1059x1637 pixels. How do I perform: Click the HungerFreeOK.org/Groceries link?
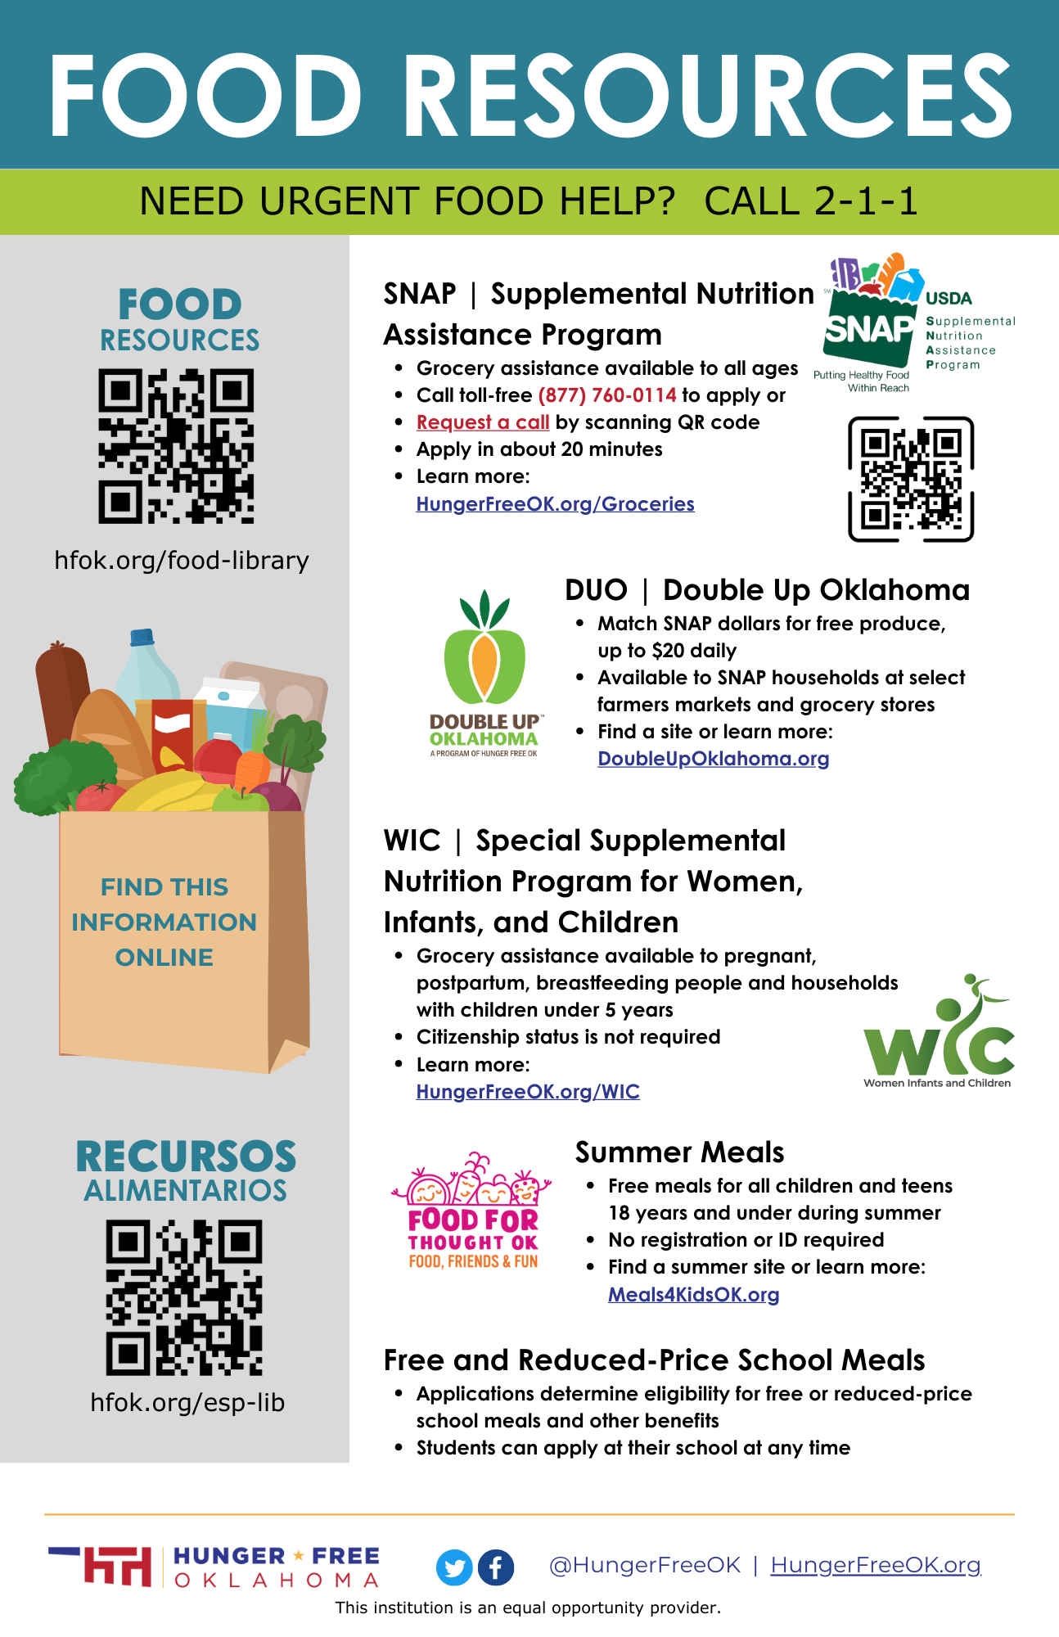(x=555, y=504)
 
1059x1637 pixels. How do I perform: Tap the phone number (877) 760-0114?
(x=607, y=395)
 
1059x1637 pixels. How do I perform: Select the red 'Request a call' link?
(x=483, y=422)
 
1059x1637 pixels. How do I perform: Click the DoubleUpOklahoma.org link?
(x=713, y=759)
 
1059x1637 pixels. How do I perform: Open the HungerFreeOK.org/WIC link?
(x=528, y=1092)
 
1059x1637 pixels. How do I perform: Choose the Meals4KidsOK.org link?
(x=693, y=1295)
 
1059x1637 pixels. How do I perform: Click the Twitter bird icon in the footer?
(x=454, y=1567)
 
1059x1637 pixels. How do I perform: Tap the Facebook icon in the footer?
(x=496, y=1567)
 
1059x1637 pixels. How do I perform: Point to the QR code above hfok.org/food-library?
(x=177, y=446)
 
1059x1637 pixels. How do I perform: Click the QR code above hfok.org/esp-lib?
(x=184, y=1297)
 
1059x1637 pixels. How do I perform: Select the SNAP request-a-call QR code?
(x=910, y=480)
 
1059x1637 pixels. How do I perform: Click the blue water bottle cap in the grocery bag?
(x=142, y=637)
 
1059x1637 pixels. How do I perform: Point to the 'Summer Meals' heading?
(x=679, y=1152)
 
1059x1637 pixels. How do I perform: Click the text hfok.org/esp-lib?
(x=187, y=1403)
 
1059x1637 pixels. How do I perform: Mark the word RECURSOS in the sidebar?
(x=186, y=1157)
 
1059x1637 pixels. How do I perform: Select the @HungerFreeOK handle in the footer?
(x=644, y=1565)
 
